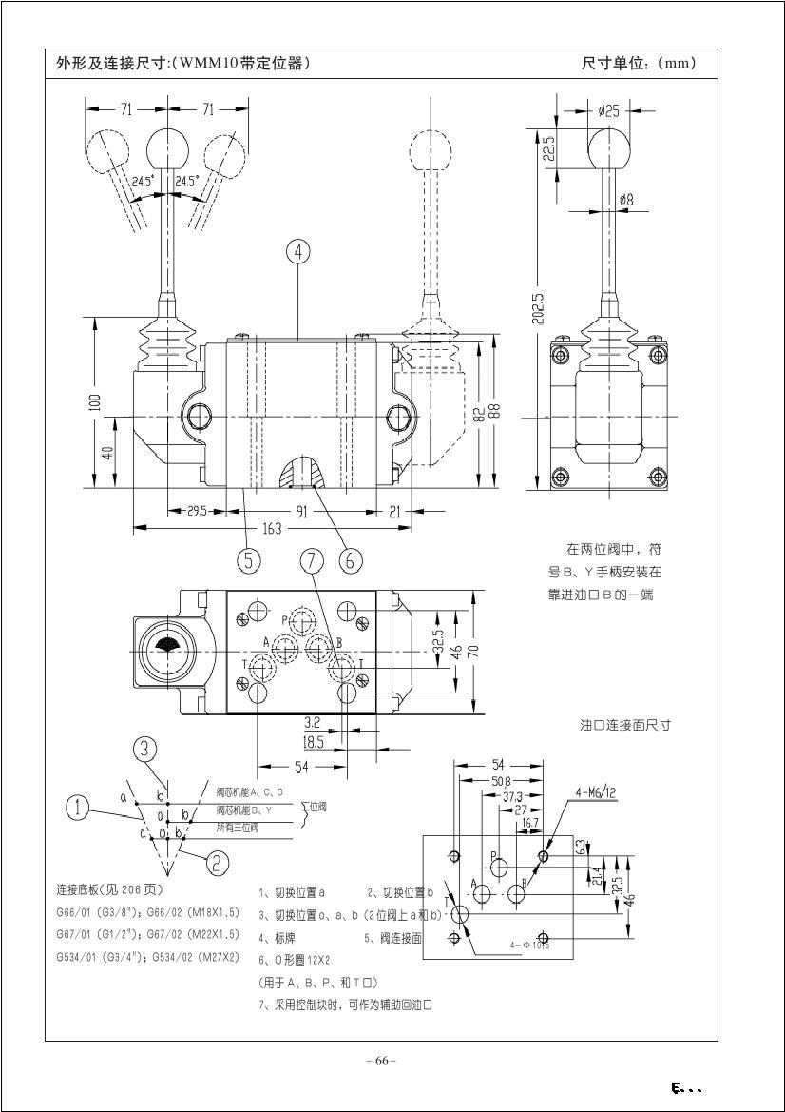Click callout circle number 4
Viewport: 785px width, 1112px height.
[298, 251]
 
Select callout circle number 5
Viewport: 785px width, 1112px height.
[249, 560]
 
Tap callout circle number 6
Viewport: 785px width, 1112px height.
[350, 560]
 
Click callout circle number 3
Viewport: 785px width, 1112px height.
[144, 749]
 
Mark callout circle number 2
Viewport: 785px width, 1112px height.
[218, 863]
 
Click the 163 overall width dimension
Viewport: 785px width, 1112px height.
[272, 529]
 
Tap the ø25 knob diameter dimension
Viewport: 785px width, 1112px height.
[609, 111]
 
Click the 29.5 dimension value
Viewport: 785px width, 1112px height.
[196, 511]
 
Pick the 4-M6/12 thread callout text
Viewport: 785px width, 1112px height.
[596, 791]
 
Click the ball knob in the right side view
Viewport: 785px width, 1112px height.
[609, 148]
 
